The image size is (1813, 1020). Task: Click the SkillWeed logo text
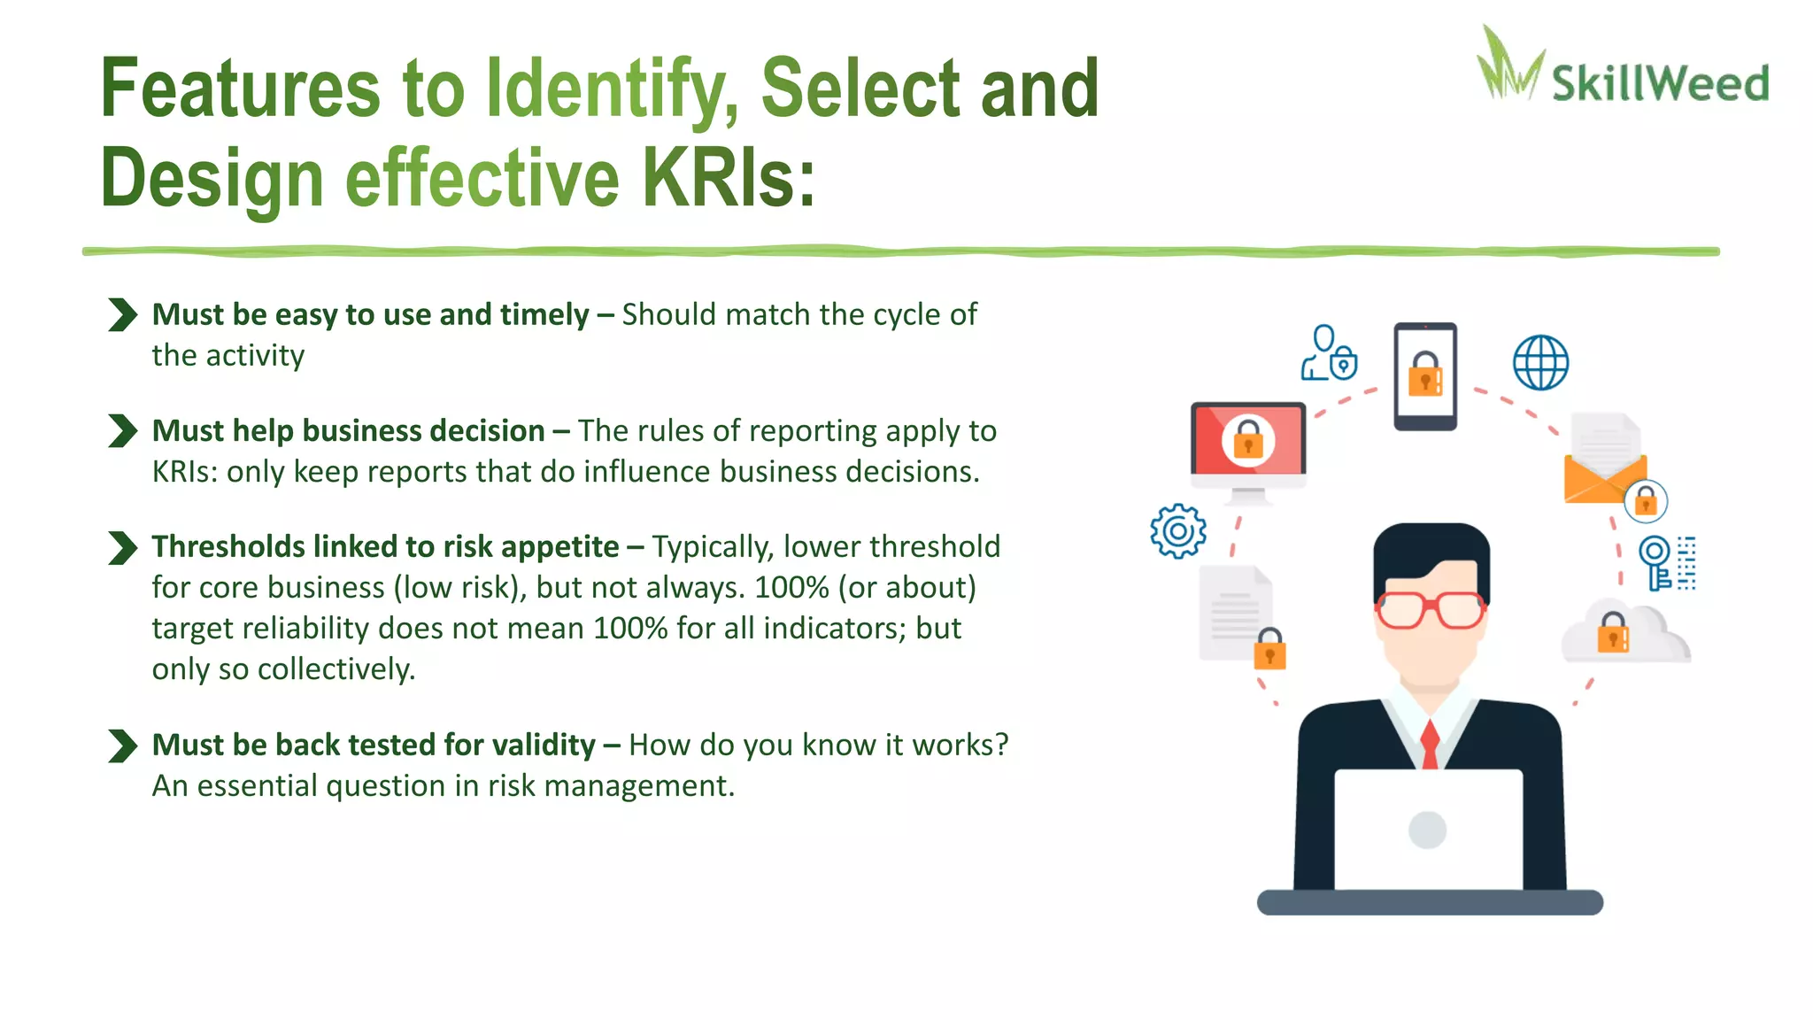1660,84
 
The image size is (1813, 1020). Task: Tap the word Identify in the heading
612,89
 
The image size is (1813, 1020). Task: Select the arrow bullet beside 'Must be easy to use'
122,315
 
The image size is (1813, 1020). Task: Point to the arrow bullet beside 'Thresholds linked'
122,547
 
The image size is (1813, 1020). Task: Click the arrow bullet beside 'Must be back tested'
122,746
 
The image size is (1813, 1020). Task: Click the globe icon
1540,363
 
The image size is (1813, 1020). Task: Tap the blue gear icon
1178,531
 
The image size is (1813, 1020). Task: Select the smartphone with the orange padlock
1425,376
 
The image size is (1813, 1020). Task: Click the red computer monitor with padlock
1248,440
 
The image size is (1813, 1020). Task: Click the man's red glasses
1430,609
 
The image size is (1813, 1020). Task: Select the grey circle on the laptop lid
1427,830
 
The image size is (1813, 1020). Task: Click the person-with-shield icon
1328,354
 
